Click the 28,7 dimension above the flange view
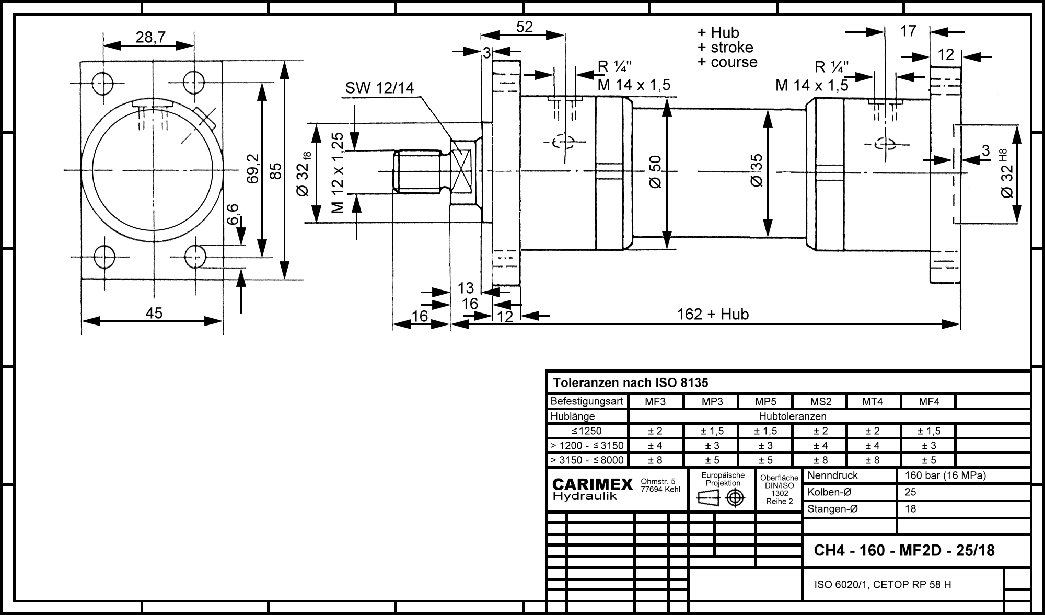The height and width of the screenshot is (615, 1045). (150, 37)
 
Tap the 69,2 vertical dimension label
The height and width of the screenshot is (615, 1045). (253, 168)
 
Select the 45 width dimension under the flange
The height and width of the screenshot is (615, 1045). (154, 313)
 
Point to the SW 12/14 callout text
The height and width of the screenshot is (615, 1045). (379, 88)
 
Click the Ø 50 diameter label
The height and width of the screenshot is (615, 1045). (656, 172)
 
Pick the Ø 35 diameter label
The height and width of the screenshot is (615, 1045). (757, 170)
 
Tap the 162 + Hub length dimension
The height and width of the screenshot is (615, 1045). (713, 314)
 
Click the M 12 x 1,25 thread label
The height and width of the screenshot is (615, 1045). (338, 173)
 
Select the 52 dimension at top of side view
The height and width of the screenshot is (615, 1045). (524, 27)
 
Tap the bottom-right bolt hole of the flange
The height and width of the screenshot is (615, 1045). (195, 256)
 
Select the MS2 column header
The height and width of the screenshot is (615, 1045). (820, 402)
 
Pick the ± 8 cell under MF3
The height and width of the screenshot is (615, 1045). (655, 460)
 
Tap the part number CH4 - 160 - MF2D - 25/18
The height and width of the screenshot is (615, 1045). (904, 551)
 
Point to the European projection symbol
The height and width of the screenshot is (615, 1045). (721, 498)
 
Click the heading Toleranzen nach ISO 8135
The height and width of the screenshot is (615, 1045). (631, 383)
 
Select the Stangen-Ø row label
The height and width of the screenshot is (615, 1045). (833, 509)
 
